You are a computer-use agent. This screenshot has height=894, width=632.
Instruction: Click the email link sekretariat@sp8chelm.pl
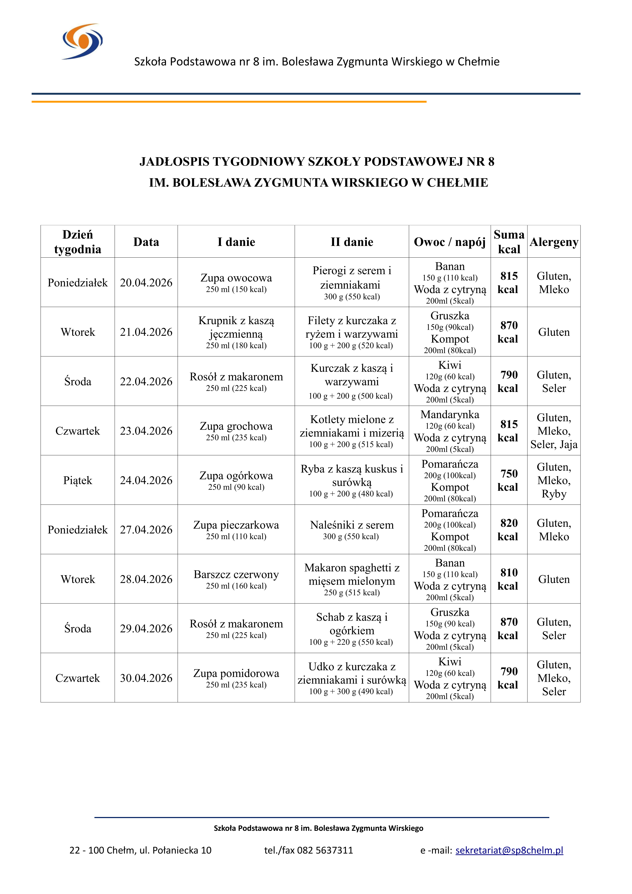509,850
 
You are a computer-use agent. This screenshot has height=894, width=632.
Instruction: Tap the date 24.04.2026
146,480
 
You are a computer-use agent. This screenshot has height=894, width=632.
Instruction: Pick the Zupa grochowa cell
236,431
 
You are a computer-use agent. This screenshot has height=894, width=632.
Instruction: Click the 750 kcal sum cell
509,480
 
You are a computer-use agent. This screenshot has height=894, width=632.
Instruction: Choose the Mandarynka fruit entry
450,415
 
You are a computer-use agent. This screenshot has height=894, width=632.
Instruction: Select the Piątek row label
78,480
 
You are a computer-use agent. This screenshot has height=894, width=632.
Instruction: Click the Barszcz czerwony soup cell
236,579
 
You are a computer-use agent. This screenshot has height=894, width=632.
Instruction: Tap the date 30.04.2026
146,678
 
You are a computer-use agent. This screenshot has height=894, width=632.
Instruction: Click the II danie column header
352,242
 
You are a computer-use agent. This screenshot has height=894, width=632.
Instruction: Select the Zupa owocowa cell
236,282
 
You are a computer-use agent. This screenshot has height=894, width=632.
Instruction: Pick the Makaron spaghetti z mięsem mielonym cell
352,579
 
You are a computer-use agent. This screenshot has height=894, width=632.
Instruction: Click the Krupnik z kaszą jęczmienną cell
236,332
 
